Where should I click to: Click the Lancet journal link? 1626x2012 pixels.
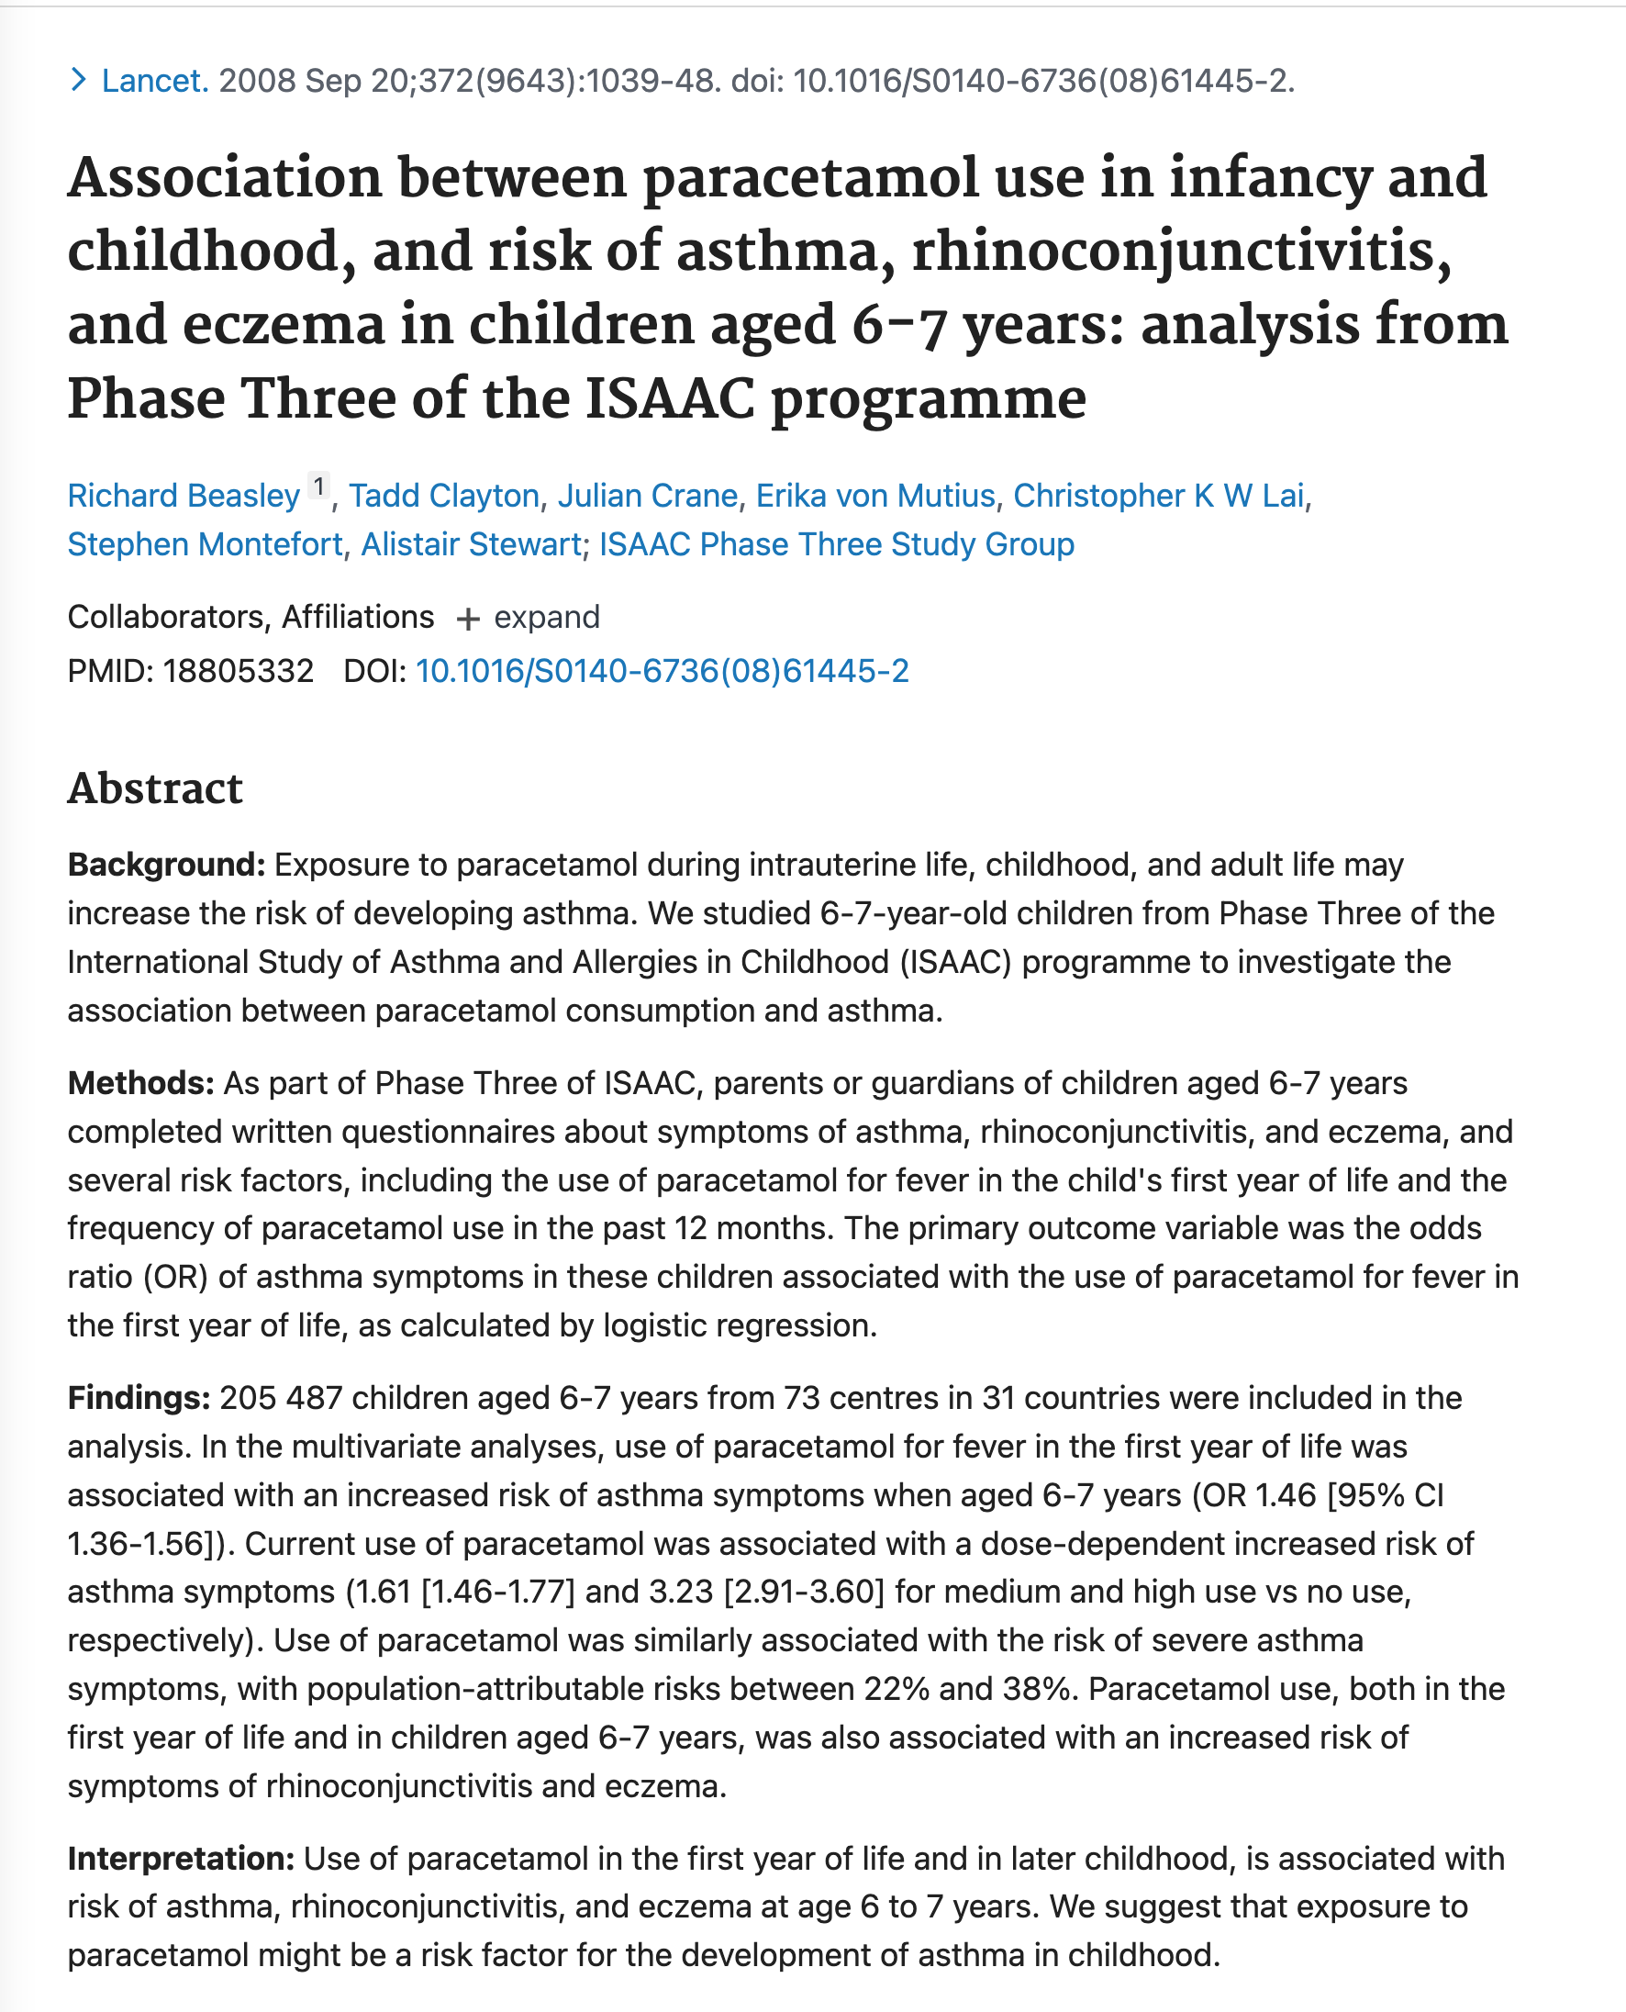click(154, 82)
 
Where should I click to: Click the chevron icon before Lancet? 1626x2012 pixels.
click(79, 81)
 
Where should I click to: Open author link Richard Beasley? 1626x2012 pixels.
click(184, 496)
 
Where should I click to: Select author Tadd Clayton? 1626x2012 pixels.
click(444, 496)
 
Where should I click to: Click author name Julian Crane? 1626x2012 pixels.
click(647, 496)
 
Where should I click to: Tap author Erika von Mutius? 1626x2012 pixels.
click(874, 496)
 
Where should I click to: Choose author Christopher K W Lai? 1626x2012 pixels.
click(1158, 496)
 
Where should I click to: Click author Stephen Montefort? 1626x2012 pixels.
click(206, 544)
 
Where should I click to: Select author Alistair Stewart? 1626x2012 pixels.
click(471, 544)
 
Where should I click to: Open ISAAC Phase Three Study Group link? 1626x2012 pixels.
click(837, 544)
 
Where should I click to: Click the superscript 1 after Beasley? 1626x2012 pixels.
click(319, 487)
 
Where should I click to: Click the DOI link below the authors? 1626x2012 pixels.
click(662, 672)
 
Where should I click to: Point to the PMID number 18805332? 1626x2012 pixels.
click(238, 672)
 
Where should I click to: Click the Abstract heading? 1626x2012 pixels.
click(155, 788)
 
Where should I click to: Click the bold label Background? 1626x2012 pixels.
click(167, 865)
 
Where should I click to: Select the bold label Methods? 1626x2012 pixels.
click(141, 1084)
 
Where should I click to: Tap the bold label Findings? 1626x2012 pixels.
click(139, 1399)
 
